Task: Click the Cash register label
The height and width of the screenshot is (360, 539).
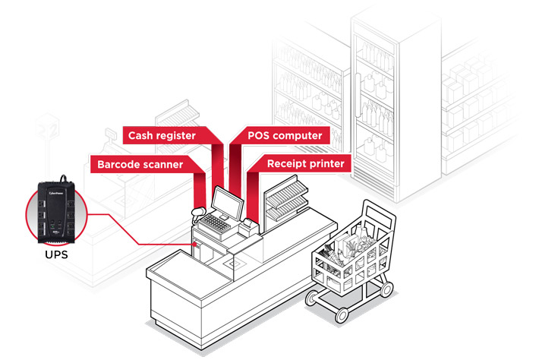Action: [x=162, y=136]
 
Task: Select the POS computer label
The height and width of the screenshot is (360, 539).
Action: [x=285, y=136]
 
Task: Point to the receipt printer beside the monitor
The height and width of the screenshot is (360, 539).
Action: [x=247, y=226]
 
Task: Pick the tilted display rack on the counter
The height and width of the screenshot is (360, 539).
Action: [x=285, y=200]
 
